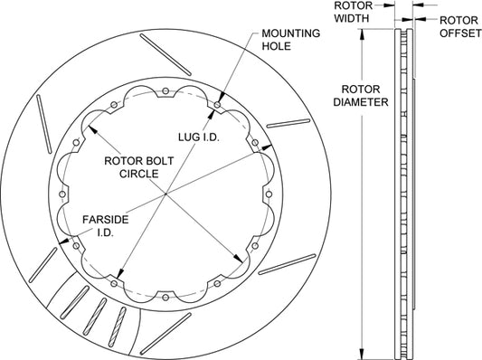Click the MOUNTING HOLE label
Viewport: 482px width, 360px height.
(x=290, y=40)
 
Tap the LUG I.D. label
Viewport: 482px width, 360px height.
(x=199, y=137)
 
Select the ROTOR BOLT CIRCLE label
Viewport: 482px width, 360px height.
(x=139, y=167)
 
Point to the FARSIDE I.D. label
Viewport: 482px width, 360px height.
(x=106, y=226)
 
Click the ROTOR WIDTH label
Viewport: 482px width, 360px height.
(x=353, y=12)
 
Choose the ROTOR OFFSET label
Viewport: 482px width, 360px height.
(x=460, y=26)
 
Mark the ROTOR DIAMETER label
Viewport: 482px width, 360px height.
(x=361, y=95)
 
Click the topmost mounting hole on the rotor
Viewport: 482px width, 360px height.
(x=165, y=91)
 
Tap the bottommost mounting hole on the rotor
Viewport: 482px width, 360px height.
(x=165, y=298)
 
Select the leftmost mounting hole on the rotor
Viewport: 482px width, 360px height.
(x=62, y=194)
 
